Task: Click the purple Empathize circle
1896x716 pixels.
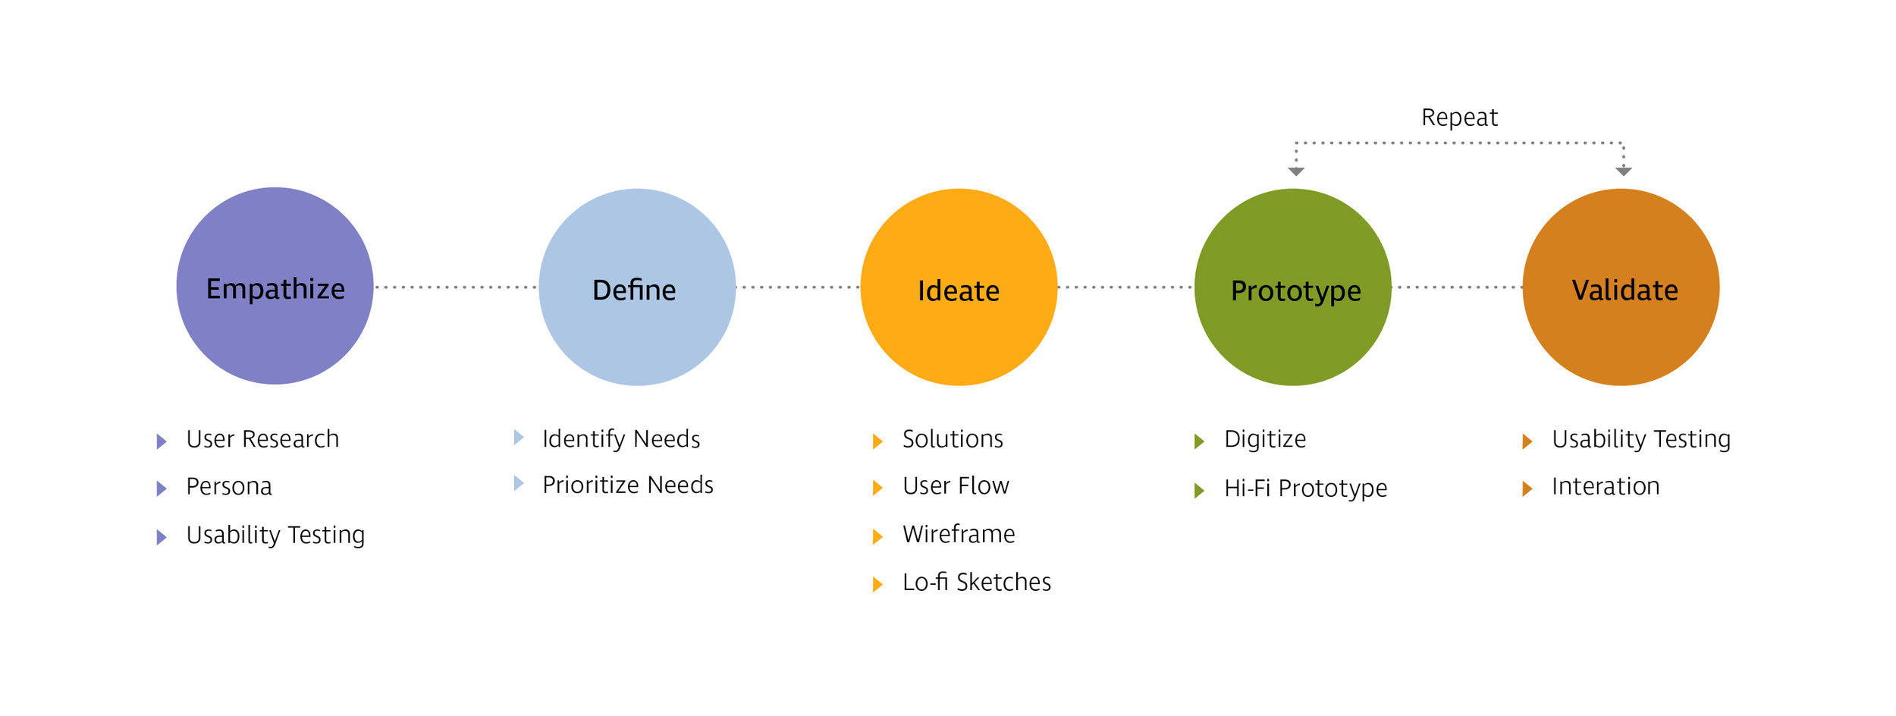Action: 275,286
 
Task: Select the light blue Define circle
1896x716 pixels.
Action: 637,287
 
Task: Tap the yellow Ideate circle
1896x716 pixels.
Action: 959,287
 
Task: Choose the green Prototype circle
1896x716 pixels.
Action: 1292,287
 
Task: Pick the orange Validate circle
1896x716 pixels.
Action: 1621,287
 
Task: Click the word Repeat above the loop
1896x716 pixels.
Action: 1459,118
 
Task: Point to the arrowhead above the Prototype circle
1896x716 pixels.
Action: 1296,171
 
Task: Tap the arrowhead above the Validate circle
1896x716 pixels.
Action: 1623,171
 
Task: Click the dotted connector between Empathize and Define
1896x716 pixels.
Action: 456,287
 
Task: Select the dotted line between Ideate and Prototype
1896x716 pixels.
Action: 1125,287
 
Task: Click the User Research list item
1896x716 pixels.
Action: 262,439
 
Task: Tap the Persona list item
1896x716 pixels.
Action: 229,486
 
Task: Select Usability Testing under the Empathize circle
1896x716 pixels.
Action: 275,535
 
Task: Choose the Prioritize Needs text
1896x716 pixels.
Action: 628,485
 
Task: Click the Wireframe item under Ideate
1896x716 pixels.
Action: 959,535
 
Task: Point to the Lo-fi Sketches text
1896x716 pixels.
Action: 977,583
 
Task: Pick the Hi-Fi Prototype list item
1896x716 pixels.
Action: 1305,488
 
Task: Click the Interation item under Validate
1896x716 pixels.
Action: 1606,486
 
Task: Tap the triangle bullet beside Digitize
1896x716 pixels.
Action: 1199,441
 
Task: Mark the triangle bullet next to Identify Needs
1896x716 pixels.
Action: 519,437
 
